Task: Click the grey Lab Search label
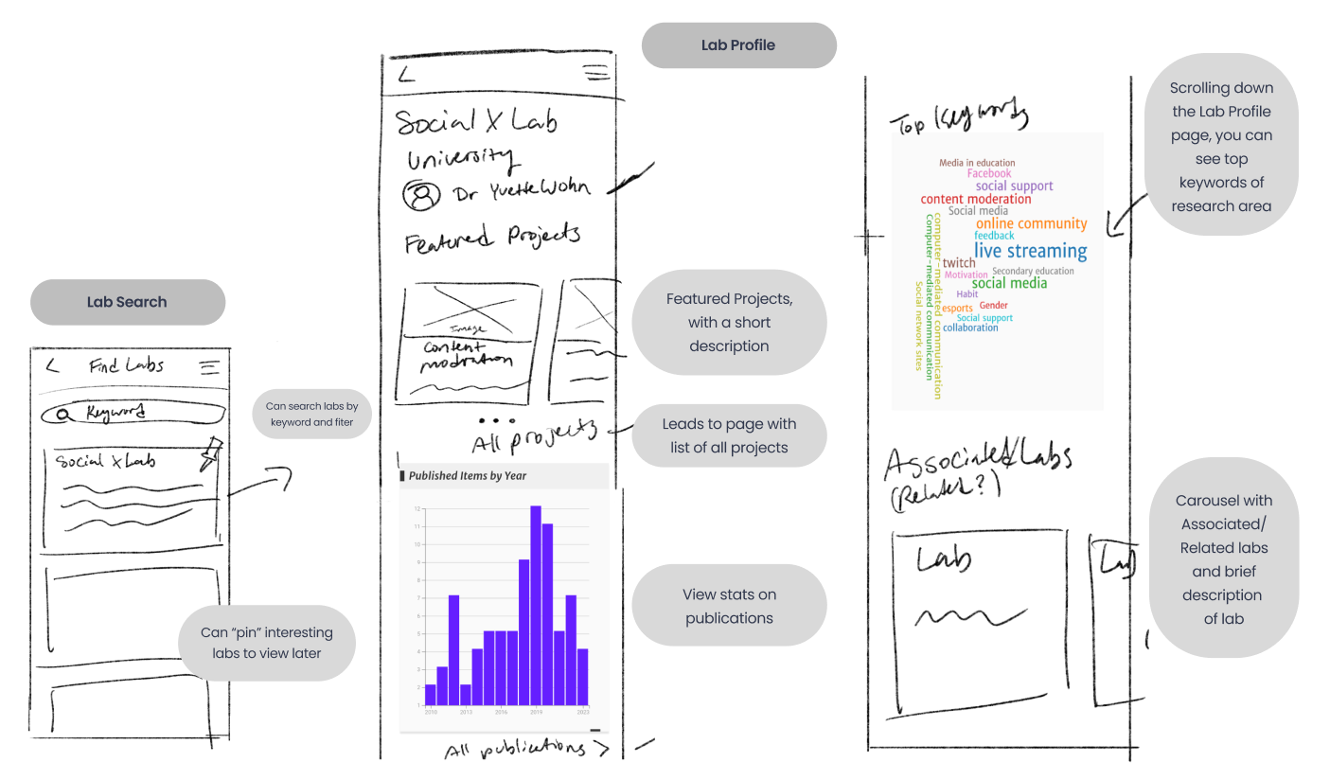[127, 302]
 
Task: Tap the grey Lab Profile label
[738, 45]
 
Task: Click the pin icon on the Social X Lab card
[211, 453]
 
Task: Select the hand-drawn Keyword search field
[133, 413]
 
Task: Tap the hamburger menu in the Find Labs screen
[209, 367]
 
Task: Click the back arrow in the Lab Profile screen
[406, 74]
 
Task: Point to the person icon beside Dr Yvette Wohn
[422, 195]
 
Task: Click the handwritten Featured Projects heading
[492, 237]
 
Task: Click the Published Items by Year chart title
[468, 475]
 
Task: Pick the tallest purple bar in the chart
[536, 606]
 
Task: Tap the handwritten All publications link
[526, 750]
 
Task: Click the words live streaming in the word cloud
[1030, 251]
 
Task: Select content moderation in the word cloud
[976, 199]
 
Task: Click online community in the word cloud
[1031, 223]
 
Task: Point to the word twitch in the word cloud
[958, 263]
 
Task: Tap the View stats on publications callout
[729, 606]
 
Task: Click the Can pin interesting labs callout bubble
[267, 643]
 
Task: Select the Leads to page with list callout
[729, 435]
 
